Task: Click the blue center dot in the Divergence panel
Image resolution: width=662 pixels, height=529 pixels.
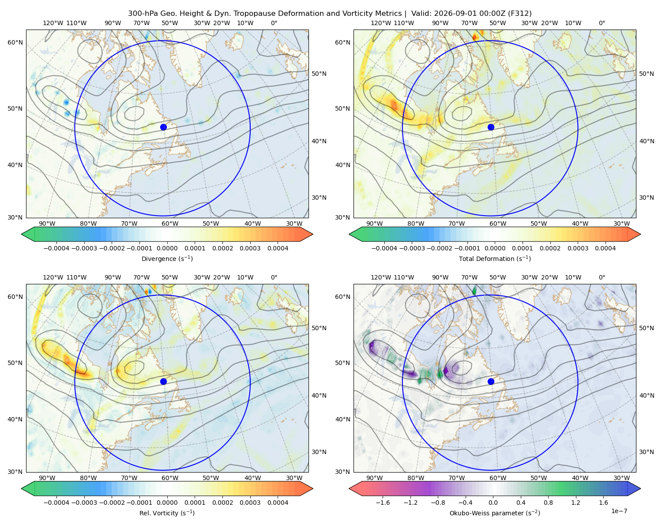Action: pyautogui.click(x=163, y=127)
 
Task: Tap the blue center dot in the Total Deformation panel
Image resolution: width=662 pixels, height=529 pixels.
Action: pyautogui.click(x=491, y=127)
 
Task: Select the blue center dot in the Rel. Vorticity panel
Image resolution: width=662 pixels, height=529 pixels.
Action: pyautogui.click(x=163, y=381)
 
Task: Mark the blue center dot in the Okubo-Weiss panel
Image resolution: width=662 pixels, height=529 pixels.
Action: pyautogui.click(x=491, y=381)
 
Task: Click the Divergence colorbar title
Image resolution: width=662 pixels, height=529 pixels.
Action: pyautogui.click(x=167, y=258)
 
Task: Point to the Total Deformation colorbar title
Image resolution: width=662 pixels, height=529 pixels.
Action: pyautogui.click(x=495, y=258)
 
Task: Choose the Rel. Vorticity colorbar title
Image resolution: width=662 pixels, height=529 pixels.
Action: pyautogui.click(x=167, y=513)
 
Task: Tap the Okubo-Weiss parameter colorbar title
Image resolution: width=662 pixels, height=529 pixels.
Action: pyautogui.click(x=495, y=513)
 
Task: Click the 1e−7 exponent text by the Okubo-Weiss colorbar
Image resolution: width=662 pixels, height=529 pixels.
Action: pyautogui.click(x=619, y=511)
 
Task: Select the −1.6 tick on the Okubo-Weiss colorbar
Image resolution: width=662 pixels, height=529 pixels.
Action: pyautogui.click(x=383, y=502)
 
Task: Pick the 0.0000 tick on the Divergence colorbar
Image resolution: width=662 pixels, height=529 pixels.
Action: pyautogui.click(x=167, y=248)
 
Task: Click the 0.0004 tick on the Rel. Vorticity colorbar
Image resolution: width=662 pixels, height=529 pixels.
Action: pyautogui.click(x=278, y=502)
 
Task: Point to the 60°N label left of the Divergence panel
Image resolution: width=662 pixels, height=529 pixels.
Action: pyautogui.click(x=15, y=42)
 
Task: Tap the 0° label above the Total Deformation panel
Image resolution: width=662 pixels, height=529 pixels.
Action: pyautogui.click(x=602, y=23)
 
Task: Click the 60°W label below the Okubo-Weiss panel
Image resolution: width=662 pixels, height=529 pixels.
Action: pyautogui.click(x=498, y=478)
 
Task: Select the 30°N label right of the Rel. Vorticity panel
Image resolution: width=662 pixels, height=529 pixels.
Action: pyautogui.click(x=319, y=451)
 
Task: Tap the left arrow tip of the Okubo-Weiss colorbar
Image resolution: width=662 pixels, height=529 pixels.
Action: pyautogui.click(x=349, y=488)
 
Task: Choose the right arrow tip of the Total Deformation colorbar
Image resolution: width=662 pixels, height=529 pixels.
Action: pyautogui.click(x=640, y=234)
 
